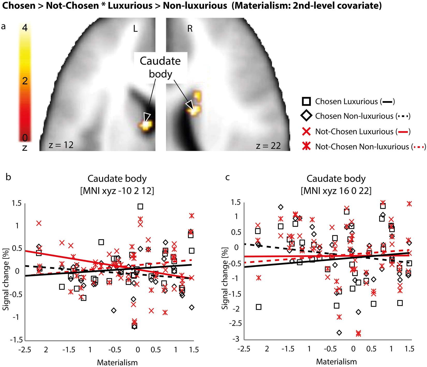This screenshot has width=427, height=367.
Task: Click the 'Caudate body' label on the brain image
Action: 160,67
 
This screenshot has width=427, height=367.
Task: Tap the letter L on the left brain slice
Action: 135,29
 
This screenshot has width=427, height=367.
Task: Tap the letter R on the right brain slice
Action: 190,29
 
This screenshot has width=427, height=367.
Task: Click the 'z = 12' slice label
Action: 61,145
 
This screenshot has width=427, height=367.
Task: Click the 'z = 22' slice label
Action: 268,146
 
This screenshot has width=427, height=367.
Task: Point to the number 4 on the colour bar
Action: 25,28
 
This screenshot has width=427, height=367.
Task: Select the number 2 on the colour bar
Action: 25,81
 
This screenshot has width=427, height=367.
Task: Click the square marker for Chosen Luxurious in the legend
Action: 306,101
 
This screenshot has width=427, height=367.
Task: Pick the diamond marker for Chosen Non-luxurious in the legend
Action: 306,116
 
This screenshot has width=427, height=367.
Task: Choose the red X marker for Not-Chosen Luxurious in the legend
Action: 306,131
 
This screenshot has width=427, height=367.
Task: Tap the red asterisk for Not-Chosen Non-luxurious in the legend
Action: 306,146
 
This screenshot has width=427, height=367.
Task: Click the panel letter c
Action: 227,177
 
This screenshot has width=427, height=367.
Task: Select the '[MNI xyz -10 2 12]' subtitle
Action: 117,191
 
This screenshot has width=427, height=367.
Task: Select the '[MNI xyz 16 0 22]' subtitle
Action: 336,191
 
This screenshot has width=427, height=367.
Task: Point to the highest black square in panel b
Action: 140,207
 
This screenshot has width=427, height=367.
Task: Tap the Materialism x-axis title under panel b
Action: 117,362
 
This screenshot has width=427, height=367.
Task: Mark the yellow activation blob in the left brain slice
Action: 146,125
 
